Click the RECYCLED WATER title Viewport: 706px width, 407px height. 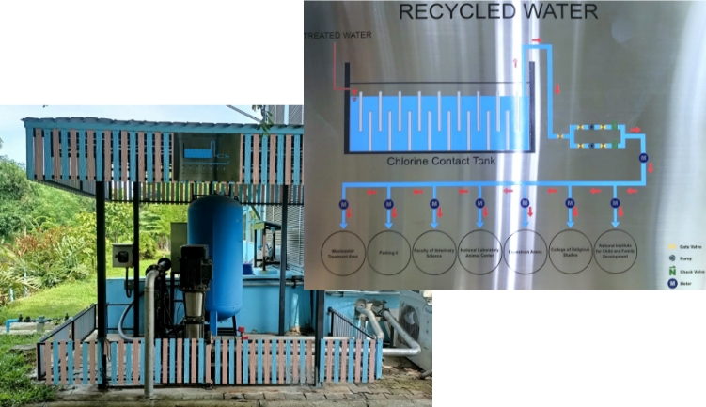pos(497,12)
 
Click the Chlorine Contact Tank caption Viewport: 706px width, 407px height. pos(434,160)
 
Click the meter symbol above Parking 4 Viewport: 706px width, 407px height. pos(388,203)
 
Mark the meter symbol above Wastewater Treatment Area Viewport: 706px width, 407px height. pos(343,203)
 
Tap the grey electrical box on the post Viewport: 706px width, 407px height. pos(122,256)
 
